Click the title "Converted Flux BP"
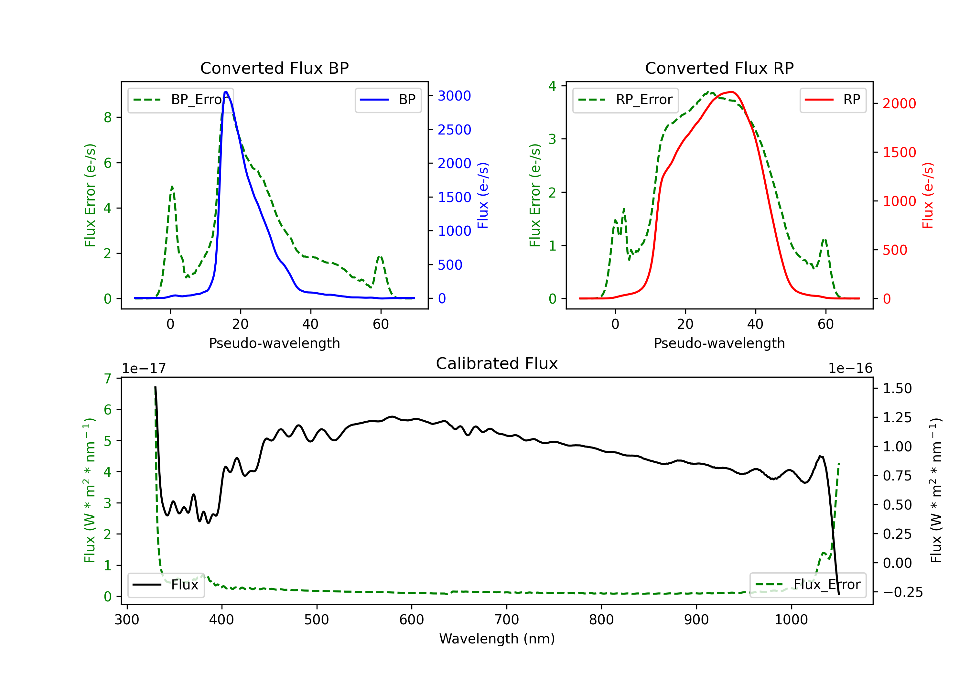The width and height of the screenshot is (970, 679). tap(274, 68)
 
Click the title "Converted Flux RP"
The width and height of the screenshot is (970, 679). tap(719, 68)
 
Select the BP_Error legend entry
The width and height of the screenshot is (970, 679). tap(180, 100)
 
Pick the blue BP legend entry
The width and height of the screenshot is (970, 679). tap(388, 100)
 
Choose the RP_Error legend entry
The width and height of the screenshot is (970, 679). tap(625, 100)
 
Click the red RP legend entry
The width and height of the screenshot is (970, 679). tap(833, 100)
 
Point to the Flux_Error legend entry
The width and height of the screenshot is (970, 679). tap(808, 585)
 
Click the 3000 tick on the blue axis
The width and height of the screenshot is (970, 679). tap(454, 96)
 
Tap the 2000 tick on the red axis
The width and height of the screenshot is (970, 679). tap(899, 103)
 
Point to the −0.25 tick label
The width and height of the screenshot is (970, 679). tap(902, 592)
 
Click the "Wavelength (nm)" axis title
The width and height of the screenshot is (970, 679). tap(497, 639)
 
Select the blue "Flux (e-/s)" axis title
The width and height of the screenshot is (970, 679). tap(483, 195)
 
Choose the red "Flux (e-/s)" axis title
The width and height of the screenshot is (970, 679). tap(928, 195)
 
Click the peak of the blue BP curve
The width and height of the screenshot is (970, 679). tap(226, 92)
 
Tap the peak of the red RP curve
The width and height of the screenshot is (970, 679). tap(731, 92)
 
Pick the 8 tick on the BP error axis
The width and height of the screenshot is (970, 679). tap(108, 117)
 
